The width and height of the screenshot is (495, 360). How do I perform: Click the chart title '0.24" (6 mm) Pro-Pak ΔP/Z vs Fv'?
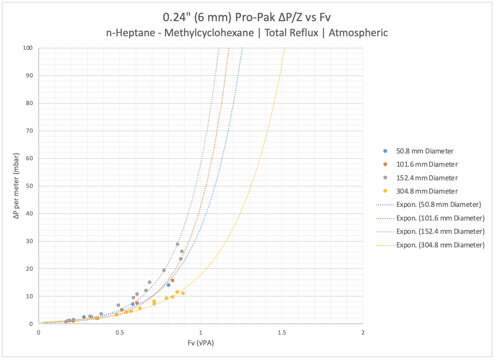(247, 17)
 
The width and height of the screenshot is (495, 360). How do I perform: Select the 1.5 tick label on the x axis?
(282, 333)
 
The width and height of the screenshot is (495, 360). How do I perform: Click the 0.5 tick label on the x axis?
(120, 333)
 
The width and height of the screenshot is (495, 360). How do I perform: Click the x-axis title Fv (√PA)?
(201, 343)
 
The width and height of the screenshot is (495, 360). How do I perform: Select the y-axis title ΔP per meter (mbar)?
(16, 186)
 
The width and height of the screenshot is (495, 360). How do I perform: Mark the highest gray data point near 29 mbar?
(178, 244)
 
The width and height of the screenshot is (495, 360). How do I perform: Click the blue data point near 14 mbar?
(169, 285)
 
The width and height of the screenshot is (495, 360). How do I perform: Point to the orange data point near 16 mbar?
(173, 280)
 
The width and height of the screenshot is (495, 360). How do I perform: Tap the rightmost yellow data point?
(183, 293)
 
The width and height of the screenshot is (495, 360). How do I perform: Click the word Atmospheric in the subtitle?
(358, 33)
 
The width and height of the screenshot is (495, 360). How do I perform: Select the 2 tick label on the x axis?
(363, 333)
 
